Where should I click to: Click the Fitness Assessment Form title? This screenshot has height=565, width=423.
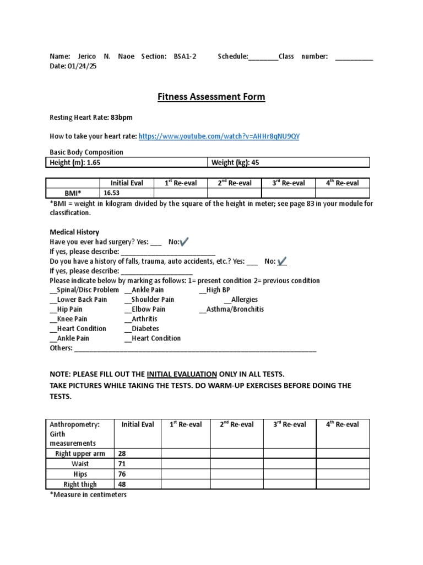click(211, 97)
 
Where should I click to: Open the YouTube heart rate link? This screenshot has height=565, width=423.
click(219, 136)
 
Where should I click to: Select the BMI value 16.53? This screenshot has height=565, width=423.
click(111, 193)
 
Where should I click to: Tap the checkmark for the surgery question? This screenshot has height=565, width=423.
click(184, 242)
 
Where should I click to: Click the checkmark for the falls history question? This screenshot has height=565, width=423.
click(282, 261)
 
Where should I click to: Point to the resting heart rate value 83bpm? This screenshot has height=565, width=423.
click(121, 118)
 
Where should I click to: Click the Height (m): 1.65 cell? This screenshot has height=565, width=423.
click(75, 162)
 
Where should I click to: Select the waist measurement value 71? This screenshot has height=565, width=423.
click(122, 464)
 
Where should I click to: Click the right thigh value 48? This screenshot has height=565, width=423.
click(122, 484)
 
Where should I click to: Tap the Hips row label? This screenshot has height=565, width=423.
click(80, 474)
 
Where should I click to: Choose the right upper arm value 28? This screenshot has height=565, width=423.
click(122, 454)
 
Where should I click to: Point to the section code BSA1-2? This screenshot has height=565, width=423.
click(185, 56)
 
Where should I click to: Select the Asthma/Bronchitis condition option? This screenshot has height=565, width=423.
click(235, 310)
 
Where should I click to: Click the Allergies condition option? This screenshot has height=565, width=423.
click(244, 300)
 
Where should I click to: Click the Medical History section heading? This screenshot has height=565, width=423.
click(74, 232)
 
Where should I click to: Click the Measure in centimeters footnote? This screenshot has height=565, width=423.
click(88, 495)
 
